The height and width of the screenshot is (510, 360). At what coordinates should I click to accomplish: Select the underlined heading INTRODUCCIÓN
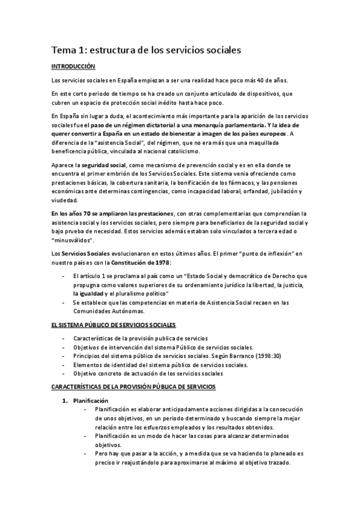click(75, 67)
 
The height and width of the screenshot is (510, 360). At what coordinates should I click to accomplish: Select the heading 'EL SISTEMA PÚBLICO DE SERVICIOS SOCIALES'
click(113, 325)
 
